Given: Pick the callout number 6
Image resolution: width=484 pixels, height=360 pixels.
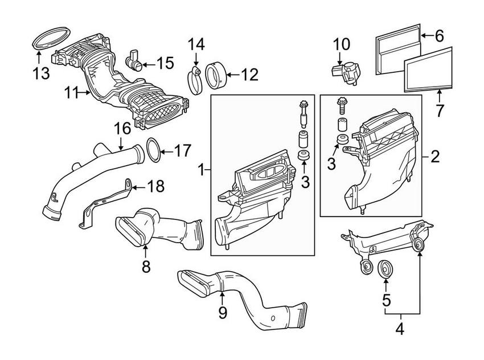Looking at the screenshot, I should point(438,36).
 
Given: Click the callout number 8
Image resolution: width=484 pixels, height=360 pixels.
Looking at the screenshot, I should point(146,266).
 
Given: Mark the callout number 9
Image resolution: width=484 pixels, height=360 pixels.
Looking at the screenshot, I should point(223,312).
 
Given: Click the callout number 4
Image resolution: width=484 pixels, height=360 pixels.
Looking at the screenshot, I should point(400,329).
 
